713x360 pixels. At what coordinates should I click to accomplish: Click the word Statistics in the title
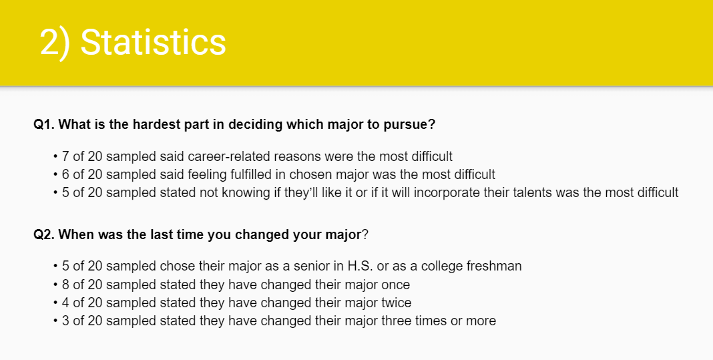pos(154,42)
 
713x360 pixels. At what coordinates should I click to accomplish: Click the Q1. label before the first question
pos(44,124)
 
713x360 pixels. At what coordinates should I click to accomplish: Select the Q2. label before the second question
pos(44,235)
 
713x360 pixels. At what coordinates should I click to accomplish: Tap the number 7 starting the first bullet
pos(65,156)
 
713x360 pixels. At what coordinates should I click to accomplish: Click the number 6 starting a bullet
pos(65,174)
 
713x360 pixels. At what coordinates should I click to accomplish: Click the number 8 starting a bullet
pos(65,285)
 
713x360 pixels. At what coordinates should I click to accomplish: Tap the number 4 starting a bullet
pos(65,303)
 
